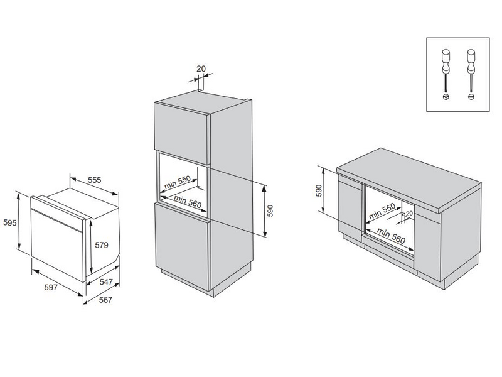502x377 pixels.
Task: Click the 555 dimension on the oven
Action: tap(94, 180)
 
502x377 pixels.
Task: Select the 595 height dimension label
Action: tap(9, 223)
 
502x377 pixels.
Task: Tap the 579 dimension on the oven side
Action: tap(102, 246)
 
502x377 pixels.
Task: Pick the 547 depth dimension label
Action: tap(107, 283)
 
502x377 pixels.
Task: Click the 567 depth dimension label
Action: tap(105, 300)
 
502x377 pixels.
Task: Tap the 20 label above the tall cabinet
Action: tap(201, 69)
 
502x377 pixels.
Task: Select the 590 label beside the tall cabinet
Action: tap(271, 210)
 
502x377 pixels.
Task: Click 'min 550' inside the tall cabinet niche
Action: tap(178, 183)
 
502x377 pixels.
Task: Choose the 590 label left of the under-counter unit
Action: tap(318, 190)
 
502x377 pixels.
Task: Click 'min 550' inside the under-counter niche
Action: tap(382, 210)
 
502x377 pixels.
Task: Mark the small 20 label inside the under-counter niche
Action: tap(409, 214)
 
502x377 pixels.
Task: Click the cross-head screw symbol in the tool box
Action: tap(446, 97)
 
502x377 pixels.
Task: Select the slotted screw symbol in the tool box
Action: tap(471, 97)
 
